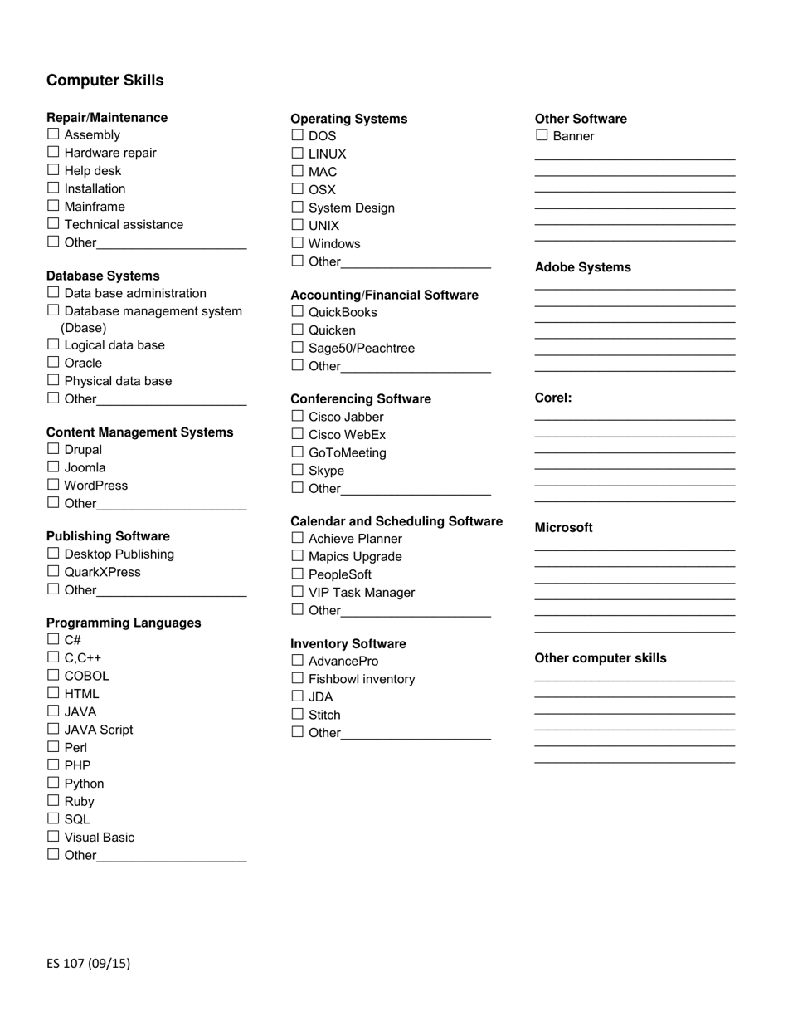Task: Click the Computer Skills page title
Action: [x=105, y=81]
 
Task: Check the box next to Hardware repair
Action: [x=53, y=152]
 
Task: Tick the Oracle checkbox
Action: [x=53, y=362]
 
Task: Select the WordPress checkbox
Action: [x=53, y=485]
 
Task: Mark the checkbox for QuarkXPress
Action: [x=53, y=571]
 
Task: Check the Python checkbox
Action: [x=53, y=783]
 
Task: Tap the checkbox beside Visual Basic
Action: [x=53, y=837]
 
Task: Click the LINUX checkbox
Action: [x=298, y=153]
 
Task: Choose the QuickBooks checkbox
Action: [x=298, y=311]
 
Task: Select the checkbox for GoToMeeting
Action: [x=298, y=452]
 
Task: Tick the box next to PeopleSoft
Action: [x=298, y=574]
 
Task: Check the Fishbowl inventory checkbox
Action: [x=298, y=678]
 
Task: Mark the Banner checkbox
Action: [x=542, y=135]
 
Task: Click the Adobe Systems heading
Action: [x=582, y=267]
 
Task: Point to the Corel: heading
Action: [x=553, y=398]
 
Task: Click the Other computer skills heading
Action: [x=601, y=658]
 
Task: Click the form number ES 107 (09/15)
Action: [x=89, y=964]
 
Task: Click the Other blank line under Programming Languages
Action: [x=172, y=857]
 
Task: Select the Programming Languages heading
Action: [x=124, y=623]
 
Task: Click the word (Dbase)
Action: [x=84, y=328]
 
